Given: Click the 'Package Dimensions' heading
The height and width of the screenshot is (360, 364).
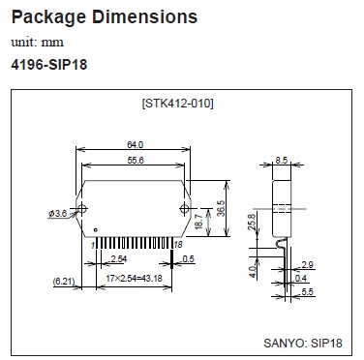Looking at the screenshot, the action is click(x=105, y=17).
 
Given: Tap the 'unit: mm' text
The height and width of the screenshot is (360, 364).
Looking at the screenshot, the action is click(x=38, y=43).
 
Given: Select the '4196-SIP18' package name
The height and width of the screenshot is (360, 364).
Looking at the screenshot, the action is click(x=49, y=65).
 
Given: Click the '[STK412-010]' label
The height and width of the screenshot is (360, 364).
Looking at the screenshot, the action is click(x=177, y=104).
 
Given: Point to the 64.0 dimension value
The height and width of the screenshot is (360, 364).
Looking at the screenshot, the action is click(x=135, y=145).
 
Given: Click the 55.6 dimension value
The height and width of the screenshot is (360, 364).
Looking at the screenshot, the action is click(x=136, y=161).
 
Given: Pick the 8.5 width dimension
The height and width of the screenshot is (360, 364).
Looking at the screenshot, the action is click(x=282, y=160).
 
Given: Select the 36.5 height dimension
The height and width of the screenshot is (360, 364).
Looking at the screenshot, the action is click(x=221, y=208).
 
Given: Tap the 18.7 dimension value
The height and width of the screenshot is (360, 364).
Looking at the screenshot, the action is click(x=199, y=222).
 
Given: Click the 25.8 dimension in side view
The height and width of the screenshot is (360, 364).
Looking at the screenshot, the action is click(x=252, y=222).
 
